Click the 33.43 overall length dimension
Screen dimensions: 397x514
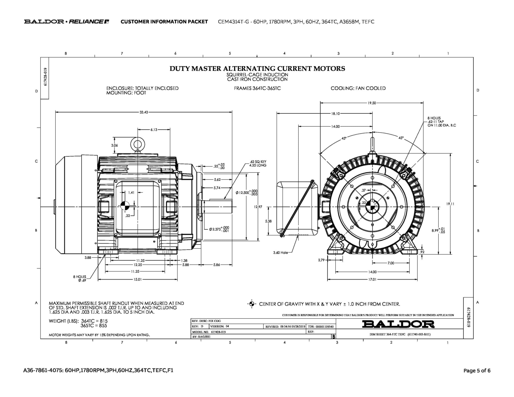144,112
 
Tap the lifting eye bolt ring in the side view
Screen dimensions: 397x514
138,144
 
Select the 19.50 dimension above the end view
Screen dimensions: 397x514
372,103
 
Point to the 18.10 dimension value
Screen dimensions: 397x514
335,114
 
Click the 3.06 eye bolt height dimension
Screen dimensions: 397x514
114,145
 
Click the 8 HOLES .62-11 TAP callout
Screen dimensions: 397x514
441,122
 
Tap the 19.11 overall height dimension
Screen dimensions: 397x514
450,204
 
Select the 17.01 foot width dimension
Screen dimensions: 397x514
372,279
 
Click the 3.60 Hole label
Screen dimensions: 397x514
280,252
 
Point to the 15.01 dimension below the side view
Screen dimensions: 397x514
138,279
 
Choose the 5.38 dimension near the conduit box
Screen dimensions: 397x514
268,221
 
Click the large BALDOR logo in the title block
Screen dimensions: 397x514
398,324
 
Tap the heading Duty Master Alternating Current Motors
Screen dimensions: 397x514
257,69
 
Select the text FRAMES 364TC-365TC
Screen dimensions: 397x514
257,88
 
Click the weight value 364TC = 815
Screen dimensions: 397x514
94,321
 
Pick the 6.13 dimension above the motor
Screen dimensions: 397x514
154,130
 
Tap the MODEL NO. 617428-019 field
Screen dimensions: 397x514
209,332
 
